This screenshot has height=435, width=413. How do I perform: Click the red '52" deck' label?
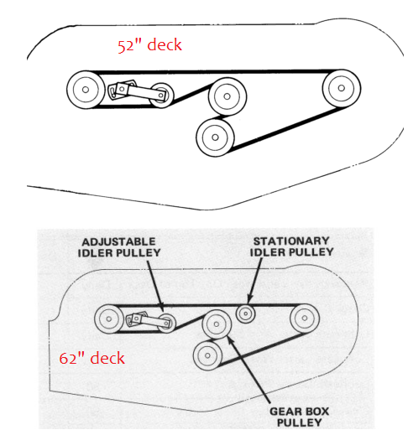point(149,45)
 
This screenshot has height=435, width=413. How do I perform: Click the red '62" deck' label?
point(91,358)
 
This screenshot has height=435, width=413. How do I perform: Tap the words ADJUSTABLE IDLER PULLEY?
point(119,247)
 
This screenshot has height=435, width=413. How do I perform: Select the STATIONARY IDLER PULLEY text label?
point(291,246)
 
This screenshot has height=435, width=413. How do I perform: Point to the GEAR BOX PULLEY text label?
point(299,417)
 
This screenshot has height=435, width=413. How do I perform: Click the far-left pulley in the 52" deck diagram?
point(86,90)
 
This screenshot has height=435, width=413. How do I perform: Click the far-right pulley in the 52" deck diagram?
point(342,88)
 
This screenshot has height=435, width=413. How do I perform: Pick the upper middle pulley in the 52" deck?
point(227,96)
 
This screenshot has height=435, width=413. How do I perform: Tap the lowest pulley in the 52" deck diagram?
point(215,137)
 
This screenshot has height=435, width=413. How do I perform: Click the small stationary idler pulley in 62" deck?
point(246,313)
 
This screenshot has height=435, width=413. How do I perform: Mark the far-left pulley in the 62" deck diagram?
point(109,318)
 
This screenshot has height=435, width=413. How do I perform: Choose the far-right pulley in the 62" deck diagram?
point(305,318)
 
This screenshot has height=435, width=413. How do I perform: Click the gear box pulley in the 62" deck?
point(217,324)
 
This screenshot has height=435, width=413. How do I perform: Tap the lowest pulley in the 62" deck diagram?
point(207,355)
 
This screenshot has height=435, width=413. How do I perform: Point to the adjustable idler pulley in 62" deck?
point(166,323)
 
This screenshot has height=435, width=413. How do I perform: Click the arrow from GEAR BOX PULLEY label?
point(248,370)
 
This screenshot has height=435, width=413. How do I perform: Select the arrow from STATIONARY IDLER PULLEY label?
point(255,281)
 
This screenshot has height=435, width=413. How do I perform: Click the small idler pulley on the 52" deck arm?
point(161,96)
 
